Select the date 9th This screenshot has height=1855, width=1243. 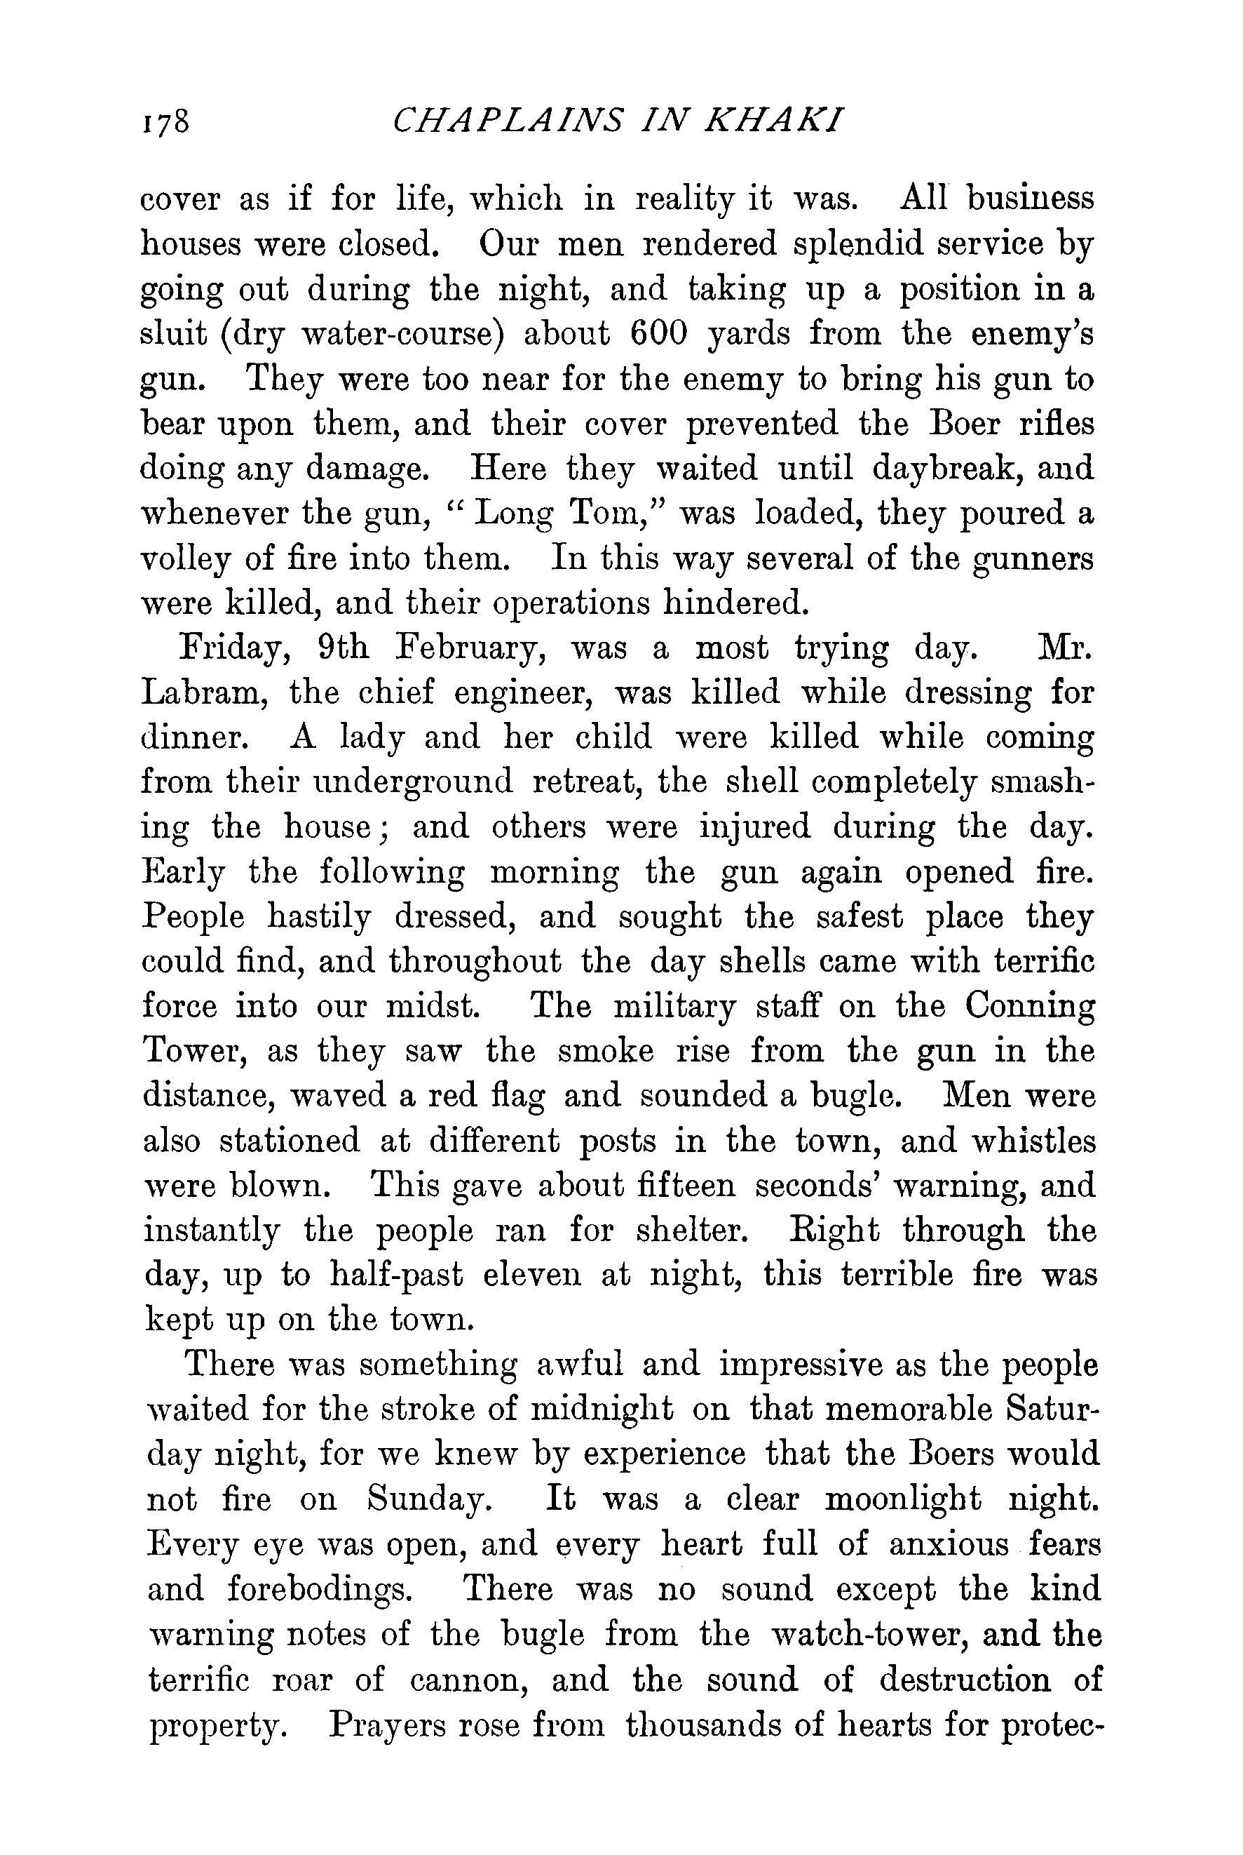[342, 648]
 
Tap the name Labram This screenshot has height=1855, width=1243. [201, 692]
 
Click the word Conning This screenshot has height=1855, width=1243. [1031, 1007]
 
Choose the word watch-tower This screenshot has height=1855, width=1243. [897, 1635]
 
